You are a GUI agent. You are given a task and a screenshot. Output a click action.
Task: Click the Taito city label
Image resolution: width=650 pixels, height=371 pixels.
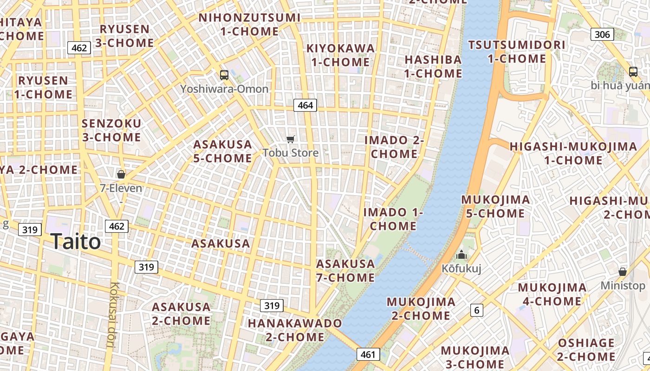(x=75, y=242)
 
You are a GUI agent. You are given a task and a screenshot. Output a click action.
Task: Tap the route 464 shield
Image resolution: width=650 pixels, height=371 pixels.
(x=305, y=105)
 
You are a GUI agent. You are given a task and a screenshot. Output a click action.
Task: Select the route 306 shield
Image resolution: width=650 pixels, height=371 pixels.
(x=602, y=34)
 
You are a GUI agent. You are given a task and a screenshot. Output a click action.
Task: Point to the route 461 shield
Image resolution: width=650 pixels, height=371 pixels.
(x=368, y=355)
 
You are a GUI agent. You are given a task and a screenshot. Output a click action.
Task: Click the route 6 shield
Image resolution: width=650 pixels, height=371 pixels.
(x=476, y=310)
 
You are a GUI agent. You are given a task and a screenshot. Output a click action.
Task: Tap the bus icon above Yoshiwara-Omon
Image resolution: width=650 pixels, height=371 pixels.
(x=224, y=75)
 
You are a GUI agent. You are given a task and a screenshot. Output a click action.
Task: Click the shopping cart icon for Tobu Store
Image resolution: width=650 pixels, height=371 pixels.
(x=291, y=139)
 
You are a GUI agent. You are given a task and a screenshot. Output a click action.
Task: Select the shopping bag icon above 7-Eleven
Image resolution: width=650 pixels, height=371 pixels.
(x=121, y=174)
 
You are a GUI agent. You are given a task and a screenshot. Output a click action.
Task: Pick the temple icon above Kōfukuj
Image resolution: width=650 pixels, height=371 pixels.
(x=461, y=255)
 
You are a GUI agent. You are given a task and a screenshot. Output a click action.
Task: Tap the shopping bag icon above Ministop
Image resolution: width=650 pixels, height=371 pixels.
(x=623, y=272)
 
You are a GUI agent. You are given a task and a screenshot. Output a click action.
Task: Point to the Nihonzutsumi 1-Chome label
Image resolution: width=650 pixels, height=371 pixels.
(x=249, y=25)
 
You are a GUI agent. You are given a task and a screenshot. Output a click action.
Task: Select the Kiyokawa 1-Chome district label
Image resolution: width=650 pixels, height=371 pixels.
(x=340, y=55)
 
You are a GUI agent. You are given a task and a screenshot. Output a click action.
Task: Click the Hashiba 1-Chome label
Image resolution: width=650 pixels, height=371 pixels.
(x=433, y=66)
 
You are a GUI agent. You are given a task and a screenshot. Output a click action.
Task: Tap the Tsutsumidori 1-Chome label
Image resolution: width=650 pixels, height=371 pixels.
(x=517, y=51)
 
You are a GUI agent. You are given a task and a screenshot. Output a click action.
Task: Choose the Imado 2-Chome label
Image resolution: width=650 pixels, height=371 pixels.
(x=394, y=147)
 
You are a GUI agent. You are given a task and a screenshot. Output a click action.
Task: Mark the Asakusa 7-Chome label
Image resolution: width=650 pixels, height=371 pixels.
(x=345, y=270)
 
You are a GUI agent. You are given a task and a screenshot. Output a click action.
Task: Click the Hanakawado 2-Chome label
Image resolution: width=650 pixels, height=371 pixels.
(x=295, y=330)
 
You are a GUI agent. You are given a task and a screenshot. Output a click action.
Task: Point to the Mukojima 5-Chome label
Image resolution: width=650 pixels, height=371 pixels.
(x=495, y=206)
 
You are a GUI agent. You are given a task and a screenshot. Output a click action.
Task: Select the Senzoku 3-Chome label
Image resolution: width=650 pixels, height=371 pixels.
(x=111, y=130)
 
